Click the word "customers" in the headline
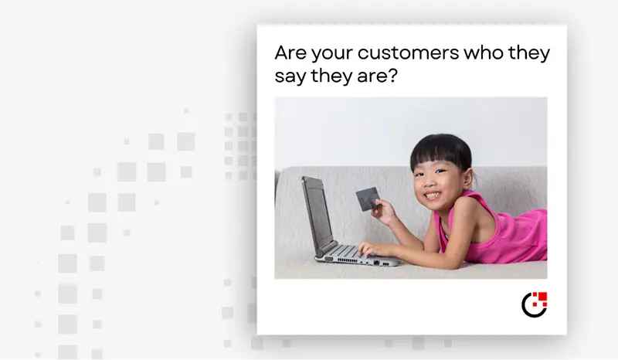409,53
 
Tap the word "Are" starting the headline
290,53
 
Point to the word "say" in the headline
290,76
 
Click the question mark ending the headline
393,75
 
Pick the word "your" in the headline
332,54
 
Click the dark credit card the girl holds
368,199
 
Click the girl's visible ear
467,178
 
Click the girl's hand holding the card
382,212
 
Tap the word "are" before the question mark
373,76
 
